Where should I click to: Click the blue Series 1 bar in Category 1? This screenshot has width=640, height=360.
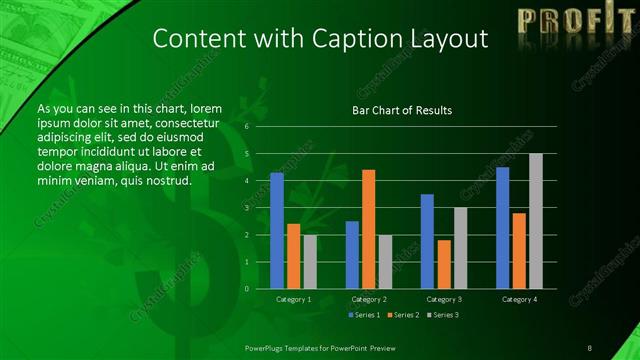277,231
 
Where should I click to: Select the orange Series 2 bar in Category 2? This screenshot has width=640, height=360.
368,229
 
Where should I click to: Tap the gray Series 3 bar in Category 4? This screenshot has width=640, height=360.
535,221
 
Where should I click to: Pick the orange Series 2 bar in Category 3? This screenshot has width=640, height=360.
443,264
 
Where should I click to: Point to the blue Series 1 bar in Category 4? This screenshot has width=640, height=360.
502,228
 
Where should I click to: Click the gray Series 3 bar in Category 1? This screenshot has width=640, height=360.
310,262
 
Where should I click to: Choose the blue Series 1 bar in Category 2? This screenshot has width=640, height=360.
352,255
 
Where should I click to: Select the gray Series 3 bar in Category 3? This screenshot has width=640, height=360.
460,248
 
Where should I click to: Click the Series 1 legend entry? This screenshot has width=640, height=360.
365,315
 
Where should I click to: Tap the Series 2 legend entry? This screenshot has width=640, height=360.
403,315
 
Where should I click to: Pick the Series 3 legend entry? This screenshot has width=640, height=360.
441,315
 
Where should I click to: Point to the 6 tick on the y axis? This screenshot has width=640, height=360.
246,127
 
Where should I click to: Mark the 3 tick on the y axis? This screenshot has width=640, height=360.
246,208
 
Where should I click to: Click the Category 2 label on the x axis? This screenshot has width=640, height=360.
368,299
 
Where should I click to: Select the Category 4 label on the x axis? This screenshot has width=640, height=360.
518,299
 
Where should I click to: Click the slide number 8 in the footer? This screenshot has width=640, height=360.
589,347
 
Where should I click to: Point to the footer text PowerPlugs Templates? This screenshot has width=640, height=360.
290,347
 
